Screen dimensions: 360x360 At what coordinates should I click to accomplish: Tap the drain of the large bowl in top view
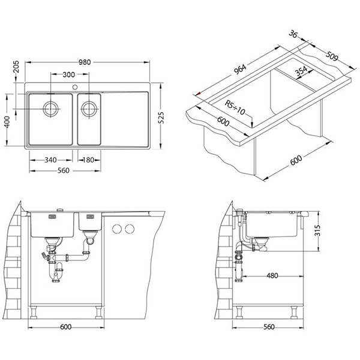[x=50, y=110]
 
